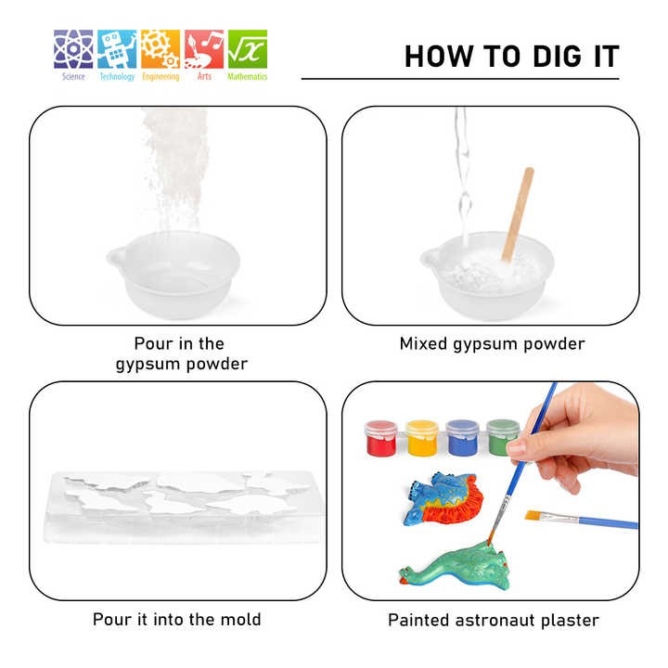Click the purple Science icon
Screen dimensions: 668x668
[73, 49]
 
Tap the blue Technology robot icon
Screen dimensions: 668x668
[117, 49]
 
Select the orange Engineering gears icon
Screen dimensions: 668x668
[161, 49]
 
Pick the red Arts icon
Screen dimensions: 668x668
[204, 49]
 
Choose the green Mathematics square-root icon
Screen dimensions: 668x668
[248, 49]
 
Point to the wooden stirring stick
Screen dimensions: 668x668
[518, 214]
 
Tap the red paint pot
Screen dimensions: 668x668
[381, 438]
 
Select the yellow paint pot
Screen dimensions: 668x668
[422, 438]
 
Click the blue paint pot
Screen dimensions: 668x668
[462, 438]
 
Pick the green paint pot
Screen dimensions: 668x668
[502, 438]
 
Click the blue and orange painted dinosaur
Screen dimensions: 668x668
[443, 498]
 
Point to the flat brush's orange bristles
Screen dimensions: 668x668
[533, 515]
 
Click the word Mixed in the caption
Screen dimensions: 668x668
[423, 343]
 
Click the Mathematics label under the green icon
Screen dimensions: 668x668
[248, 77]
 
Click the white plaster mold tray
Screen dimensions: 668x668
[183, 507]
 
